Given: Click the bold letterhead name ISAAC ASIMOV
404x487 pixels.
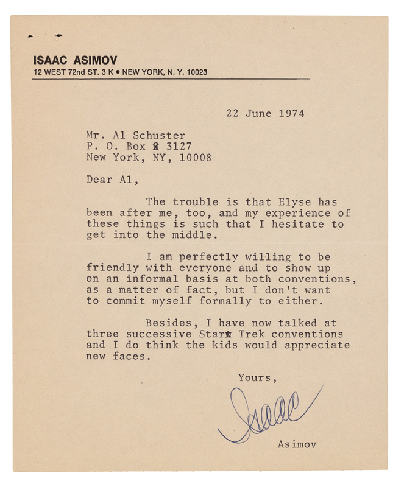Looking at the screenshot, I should pos(76,60).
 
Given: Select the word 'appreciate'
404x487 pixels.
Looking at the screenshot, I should pos(321,345).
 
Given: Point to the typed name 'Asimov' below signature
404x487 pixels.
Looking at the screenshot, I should pos(297,444).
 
